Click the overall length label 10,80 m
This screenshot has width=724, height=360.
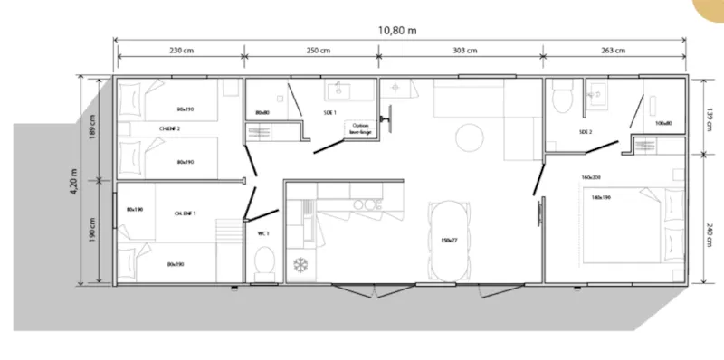point(397,29)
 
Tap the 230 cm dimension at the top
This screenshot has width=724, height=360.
point(182,51)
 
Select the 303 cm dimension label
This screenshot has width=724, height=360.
point(466,51)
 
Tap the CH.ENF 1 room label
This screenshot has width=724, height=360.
point(186,213)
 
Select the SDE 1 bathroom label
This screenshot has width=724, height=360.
point(329,113)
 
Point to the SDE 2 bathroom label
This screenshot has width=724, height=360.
point(585,132)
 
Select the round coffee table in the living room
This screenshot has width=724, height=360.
point(469,137)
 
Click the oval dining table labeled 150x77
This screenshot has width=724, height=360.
point(447,240)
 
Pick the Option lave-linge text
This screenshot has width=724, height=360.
point(361,128)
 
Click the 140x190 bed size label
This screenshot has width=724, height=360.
point(602,196)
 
